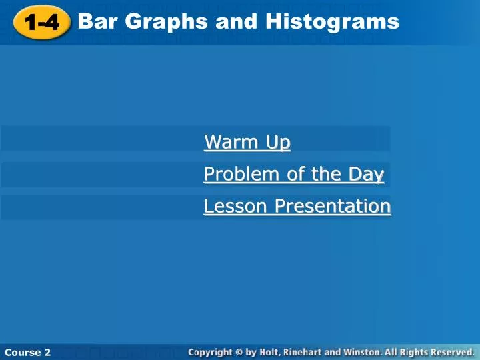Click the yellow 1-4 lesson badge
42,23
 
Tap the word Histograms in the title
332,21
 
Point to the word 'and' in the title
236,21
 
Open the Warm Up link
247,142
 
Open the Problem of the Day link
294,174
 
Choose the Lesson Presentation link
297,206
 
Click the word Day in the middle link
366,175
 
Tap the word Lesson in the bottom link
235,206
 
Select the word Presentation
333,206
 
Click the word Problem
241,174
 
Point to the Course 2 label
27,353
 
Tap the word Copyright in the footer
210,353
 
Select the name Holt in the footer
270,353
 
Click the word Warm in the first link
231,142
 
